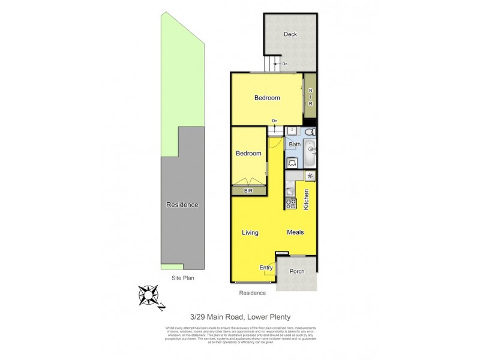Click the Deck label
pyautogui.click(x=290, y=34)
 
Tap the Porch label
pyautogui.click(x=297, y=271)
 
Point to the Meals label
pyautogui.click(x=295, y=232)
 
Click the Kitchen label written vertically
pyautogui.click(x=306, y=199)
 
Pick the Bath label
pyautogui.click(x=295, y=145)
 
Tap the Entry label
pyautogui.click(x=266, y=268)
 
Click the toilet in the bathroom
pyautogui.click(x=309, y=131)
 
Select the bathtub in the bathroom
pyautogui.click(x=310, y=153)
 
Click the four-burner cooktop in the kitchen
pyautogui.click(x=291, y=203)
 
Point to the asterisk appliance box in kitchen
pyautogui.click(x=310, y=176)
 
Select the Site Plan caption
pyautogui.click(x=182, y=278)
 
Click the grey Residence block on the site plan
pyautogui.click(x=182, y=205)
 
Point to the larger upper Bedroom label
pyautogui.click(x=266, y=98)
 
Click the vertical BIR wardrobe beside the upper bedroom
pyautogui.click(x=310, y=97)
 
